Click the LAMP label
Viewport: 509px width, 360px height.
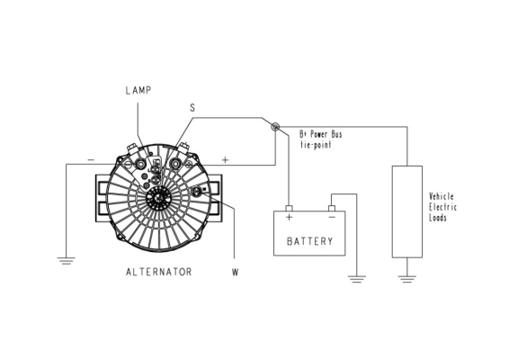tap(138, 90)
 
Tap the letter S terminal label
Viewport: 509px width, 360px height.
tap(192, 108)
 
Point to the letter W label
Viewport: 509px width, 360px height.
tap(236, 273)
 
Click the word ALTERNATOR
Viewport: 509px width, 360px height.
tap(159, 272)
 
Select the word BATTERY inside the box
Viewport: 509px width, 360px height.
tap(310, 241)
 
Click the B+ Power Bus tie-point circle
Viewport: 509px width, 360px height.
tap(275, 127)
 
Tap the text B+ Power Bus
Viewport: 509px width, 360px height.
tap(321, 134)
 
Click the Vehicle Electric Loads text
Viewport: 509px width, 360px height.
tap(442, 207)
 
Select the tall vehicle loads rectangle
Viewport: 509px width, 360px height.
tap(407, 211)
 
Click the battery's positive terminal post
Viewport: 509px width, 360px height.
tap(289, 208)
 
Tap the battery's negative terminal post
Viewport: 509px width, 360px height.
tap(332, 208)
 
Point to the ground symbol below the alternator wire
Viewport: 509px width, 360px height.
tap(67, 261)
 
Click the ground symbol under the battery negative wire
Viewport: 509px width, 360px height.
tap(357, 279)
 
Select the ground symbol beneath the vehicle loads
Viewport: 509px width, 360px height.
tap(407, 279)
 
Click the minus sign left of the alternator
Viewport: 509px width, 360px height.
tap(91, 159)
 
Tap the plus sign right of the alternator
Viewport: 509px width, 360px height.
tap(225, 159)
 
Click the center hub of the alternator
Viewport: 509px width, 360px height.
tap(159, 197)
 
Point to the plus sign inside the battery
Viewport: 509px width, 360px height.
tap(289, 217)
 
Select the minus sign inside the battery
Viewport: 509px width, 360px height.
tap(332, 217)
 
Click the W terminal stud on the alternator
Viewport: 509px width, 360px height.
tap(197, 192)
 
